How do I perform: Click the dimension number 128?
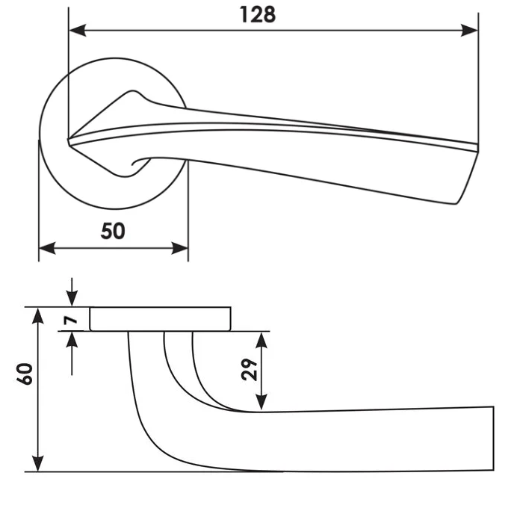[258, 15]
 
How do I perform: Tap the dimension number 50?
[113, 231]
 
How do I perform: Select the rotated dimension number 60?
[25, 374]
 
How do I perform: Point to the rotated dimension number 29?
[250, 370]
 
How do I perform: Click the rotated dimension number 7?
[71, 321]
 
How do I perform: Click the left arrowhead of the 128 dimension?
[78, 31]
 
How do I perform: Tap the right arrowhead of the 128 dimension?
[469, 31]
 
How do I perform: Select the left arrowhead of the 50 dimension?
[47, 248]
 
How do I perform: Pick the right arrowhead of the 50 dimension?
[179, 248]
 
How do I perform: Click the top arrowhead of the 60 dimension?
[38, 316]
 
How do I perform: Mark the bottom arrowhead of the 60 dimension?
[38, 463]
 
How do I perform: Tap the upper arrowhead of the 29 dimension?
[261, 340]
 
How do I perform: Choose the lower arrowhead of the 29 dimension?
[261, 402]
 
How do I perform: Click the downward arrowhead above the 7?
[72, 298]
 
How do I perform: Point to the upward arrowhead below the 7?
[72, 340]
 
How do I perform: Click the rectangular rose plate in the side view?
[160, 319]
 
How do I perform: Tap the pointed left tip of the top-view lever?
[69, 140]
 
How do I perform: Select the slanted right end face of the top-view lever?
[467, 177]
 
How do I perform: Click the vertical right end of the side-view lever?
[493, 439]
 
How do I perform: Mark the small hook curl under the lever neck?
[140, 162]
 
